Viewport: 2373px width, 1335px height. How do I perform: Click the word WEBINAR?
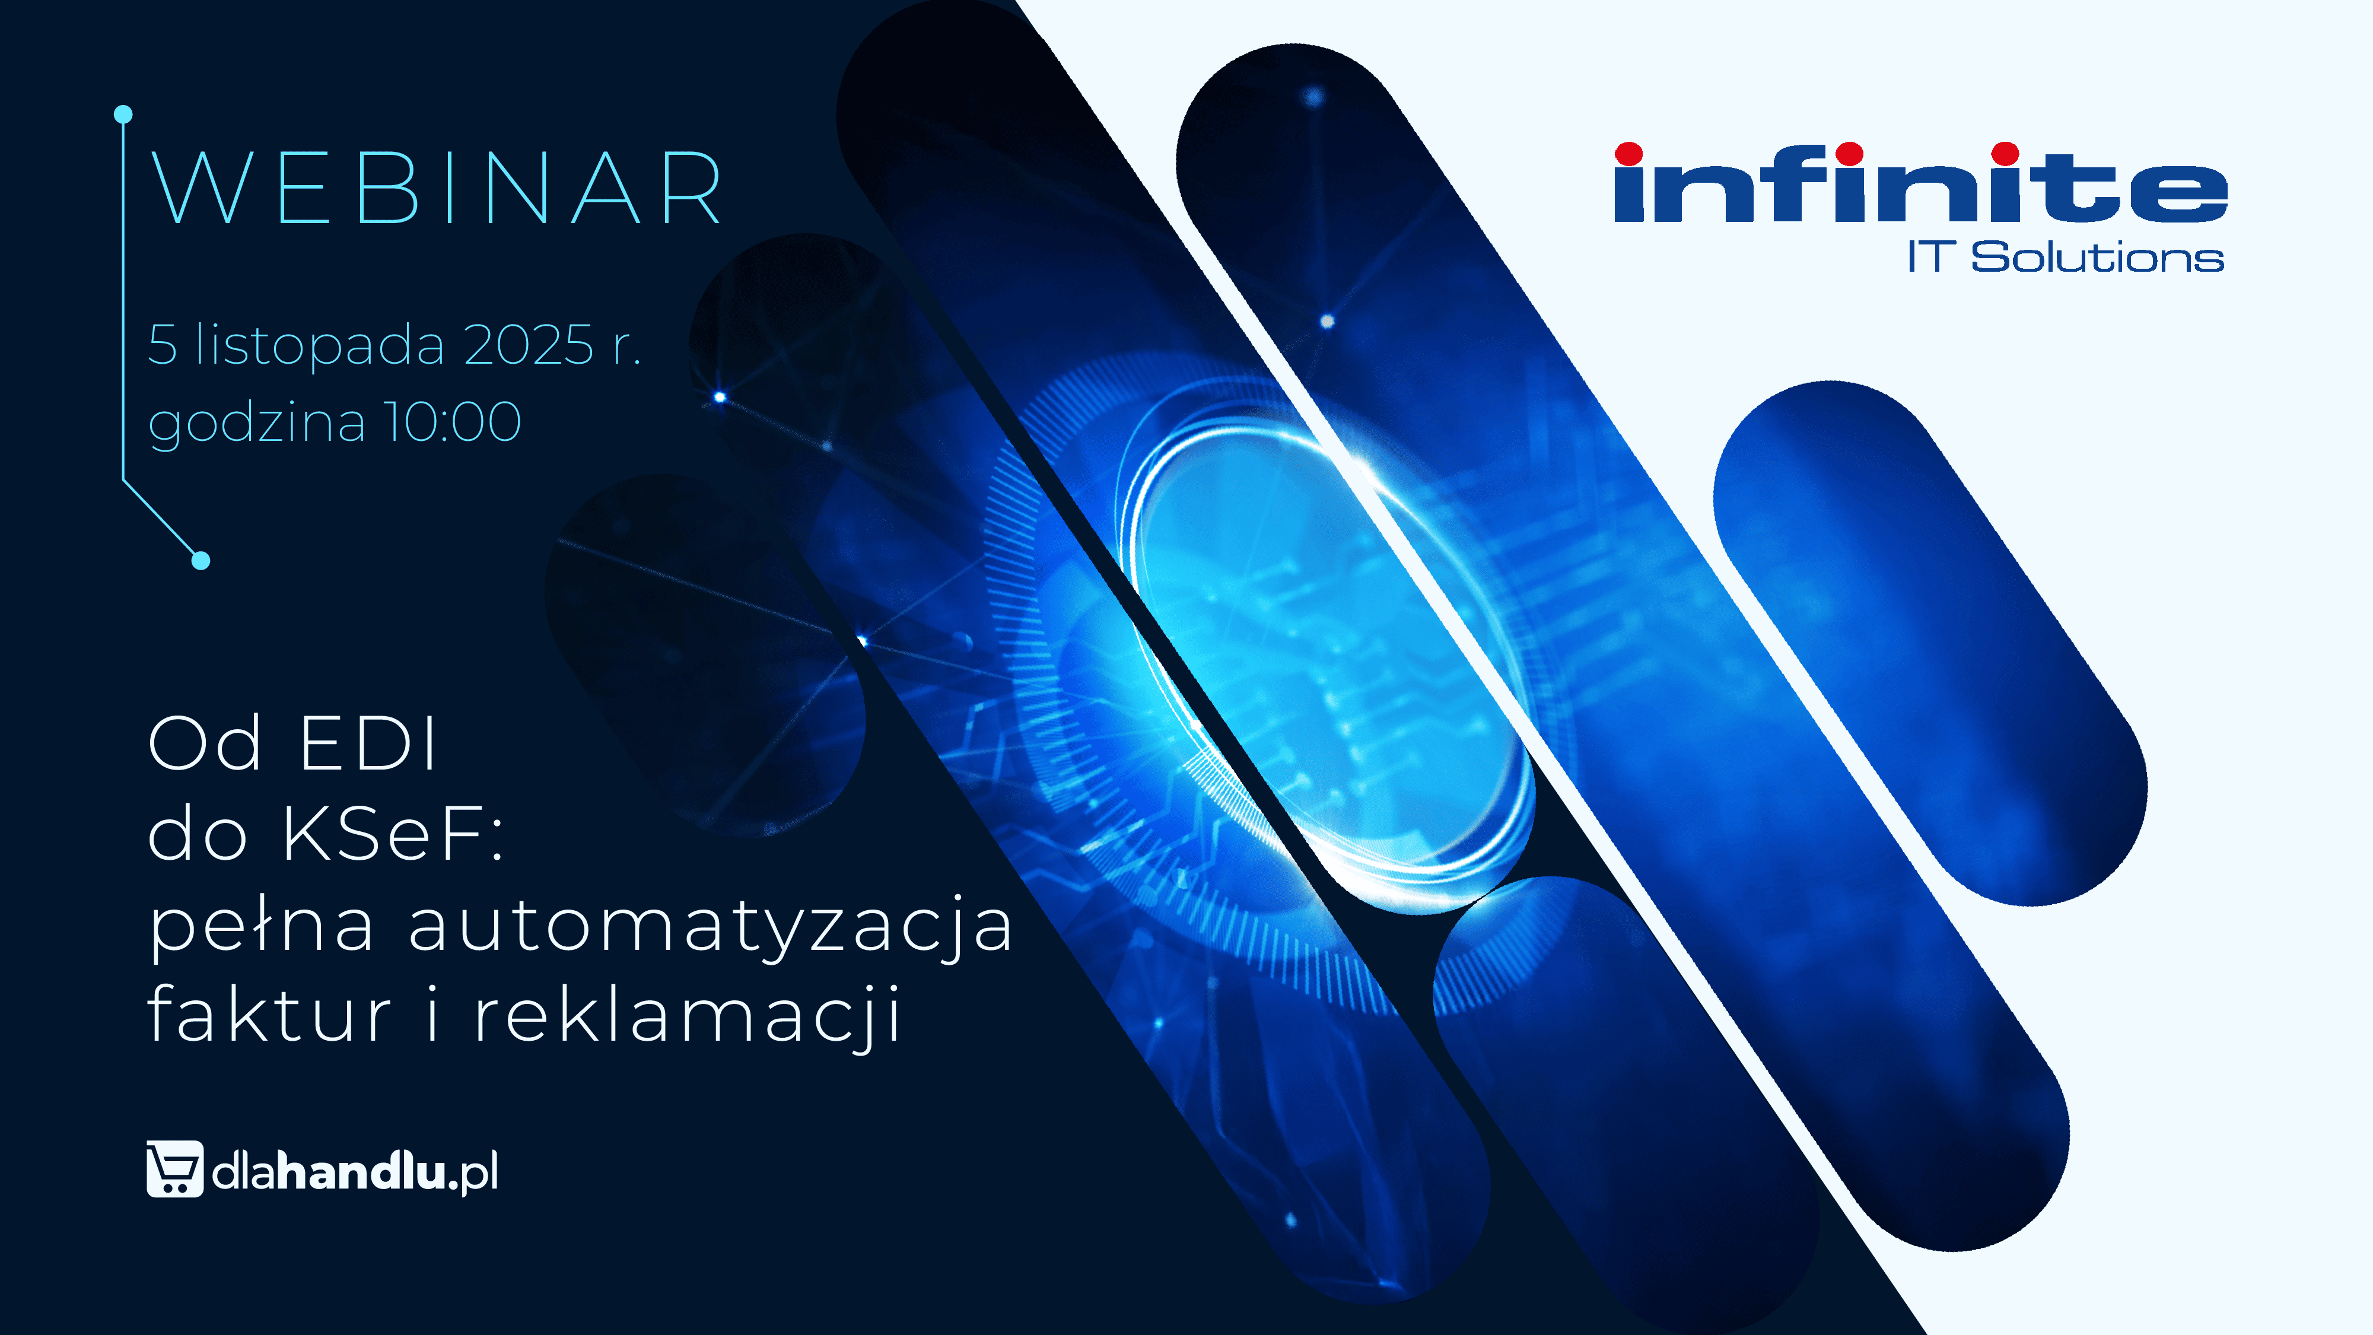click(x=435, y=188)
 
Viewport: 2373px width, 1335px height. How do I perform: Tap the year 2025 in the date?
click(x=529, y=345)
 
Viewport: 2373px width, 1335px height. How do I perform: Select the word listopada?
click(x=320, y=345)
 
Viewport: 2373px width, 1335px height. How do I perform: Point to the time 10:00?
click(x=452, y=422)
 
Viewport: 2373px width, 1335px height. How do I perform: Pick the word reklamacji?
click(x=687, y=1015)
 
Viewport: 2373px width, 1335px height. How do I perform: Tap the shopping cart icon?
click(x=175, y=1168)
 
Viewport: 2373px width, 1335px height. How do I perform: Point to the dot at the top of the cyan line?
click(x=123, y=115)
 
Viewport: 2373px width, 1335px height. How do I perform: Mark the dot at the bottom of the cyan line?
click(x=201, y=560)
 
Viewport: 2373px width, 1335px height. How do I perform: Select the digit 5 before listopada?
click(x=162, y=345)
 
